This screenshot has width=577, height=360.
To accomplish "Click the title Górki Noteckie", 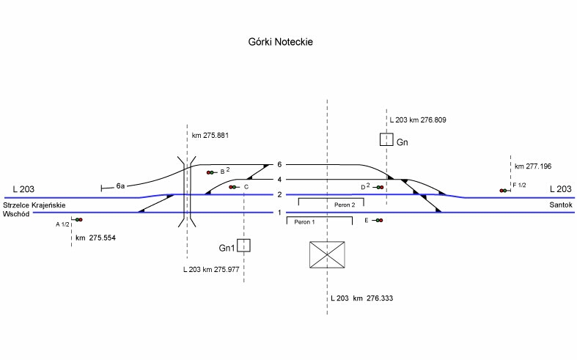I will click(x=282, y=43).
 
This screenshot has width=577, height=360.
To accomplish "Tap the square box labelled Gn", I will click(x=386, y=139).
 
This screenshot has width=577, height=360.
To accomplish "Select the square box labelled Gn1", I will click(x=244, y=246).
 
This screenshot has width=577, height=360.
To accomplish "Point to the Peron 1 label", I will click(x=304, y=221).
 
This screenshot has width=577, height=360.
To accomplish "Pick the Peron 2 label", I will click(x=344, y=205).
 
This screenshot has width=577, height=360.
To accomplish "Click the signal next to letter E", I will click(x=378, y=220).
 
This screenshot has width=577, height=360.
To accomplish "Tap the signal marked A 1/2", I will click(x=78, y=219).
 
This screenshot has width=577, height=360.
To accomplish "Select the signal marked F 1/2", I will click(x=504, y=191).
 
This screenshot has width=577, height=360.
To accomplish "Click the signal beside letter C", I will click(x=232, y=187).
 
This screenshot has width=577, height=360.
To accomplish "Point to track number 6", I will click(x=279, y=165).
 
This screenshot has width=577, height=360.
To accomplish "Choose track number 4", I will click(x=279, y=180).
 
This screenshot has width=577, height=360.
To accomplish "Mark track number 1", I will click(x=279, y=213).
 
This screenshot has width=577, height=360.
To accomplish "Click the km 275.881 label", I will click(x=210, y=135).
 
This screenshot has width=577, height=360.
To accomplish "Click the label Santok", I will click(x=560, y=205).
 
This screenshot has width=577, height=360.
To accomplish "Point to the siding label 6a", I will click(x=121, y=186).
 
